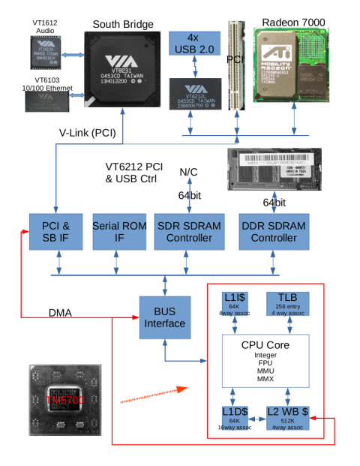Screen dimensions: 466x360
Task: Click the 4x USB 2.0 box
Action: pos(193,44)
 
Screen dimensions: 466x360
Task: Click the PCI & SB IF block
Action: pos(55,231)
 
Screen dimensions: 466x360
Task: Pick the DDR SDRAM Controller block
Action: pos(268,231)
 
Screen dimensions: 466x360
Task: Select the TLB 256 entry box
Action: pos(288,303)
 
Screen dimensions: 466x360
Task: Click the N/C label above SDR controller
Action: pos(188,173)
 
